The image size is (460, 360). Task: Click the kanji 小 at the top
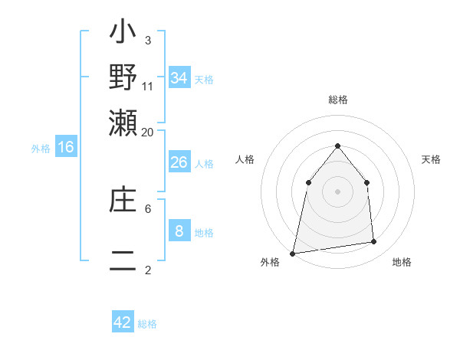click(x=123, y=34)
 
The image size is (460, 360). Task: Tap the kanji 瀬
click(x=123, y=122)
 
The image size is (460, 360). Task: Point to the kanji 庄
click(x=123, y=201)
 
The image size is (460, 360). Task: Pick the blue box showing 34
click(x=179, y=77)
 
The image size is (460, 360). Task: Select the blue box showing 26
click(x=179, y=162)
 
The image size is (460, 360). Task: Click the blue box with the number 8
click(x=179, y=231)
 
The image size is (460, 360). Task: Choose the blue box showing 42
click(x=123, y=322)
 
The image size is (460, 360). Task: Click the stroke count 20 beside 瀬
click(x=147, y=132)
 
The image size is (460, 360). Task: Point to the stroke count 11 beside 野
click(x=148, y=86)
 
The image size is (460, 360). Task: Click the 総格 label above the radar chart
click(x=337, y=100)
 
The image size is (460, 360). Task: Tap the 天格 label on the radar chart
click(x=431, y=159)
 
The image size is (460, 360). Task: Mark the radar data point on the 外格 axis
click(x=292, y=253)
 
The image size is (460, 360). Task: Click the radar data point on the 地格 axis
click(x=374, y=242)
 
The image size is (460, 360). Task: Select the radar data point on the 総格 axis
click(x=337, y=146)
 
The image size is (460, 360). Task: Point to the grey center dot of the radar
click(x=337, y=191)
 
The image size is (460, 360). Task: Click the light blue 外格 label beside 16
click(x=41, y=149)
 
